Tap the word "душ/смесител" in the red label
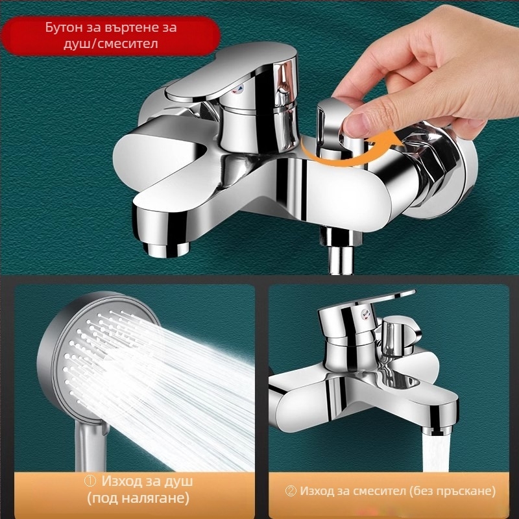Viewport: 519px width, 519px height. [x=110, y=43]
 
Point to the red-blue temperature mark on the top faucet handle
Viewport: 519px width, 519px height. [x=239, y=89]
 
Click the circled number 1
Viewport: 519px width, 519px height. [x=90, y=481]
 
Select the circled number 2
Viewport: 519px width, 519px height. [x=291, y=491]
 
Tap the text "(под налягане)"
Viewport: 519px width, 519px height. [x=138, y=498]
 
